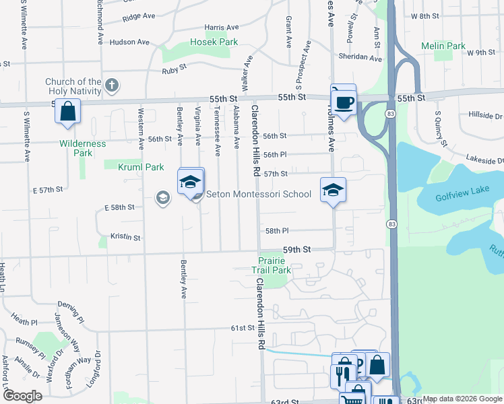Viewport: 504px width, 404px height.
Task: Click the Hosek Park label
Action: coord(214,42)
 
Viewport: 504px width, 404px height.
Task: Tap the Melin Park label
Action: coord(443,46)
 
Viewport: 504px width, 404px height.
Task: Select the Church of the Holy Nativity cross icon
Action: coord(112,86)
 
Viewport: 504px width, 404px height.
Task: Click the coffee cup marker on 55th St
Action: coord(344,102)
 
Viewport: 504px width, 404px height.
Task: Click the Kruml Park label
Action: coord(141,167)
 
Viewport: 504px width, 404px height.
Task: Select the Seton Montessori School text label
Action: coord(259,195)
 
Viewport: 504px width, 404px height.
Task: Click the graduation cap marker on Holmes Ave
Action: coord(333,191)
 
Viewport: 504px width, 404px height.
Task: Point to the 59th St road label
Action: coord(296,249)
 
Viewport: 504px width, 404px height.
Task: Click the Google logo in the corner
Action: coord(22,396)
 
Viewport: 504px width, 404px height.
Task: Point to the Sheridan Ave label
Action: coord(360,58)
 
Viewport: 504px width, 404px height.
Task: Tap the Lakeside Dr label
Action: coord(485,159)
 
